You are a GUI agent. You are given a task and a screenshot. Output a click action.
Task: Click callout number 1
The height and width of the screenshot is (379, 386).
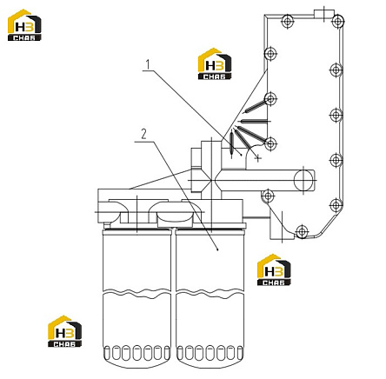point(148,64)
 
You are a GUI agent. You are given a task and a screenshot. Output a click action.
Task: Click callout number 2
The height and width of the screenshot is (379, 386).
point(143,135)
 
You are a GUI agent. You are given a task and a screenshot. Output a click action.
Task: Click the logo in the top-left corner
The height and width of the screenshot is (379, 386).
point(24,25)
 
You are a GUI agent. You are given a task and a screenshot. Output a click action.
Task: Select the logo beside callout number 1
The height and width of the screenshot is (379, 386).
point(215,63)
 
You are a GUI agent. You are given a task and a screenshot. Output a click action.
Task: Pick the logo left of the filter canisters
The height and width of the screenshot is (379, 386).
point(65,331)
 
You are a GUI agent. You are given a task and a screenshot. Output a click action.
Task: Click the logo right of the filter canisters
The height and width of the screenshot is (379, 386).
point(274,270)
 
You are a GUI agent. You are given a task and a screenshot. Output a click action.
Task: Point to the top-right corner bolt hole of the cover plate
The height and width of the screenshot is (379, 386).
point(337,21)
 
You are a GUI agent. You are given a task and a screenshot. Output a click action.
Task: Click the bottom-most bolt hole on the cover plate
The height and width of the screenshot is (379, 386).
point(302,231)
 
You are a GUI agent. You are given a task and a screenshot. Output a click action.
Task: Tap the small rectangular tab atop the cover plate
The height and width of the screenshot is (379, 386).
point(324,13)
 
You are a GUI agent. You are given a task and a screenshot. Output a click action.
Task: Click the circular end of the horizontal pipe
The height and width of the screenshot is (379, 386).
point(303,180)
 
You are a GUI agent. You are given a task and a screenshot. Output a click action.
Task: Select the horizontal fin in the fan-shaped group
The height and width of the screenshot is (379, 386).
point(254,121)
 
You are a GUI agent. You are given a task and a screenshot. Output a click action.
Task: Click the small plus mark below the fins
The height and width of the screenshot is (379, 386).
point(257,158)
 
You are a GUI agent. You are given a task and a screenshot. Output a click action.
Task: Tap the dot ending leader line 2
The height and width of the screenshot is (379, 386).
point(218,249)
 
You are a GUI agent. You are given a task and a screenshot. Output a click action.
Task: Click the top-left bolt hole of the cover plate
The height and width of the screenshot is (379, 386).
point(287,21)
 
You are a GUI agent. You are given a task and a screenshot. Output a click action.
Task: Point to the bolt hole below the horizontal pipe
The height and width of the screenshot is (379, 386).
point(268,196)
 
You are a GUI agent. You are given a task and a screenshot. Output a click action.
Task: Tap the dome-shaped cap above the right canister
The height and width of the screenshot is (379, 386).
point(175,217)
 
